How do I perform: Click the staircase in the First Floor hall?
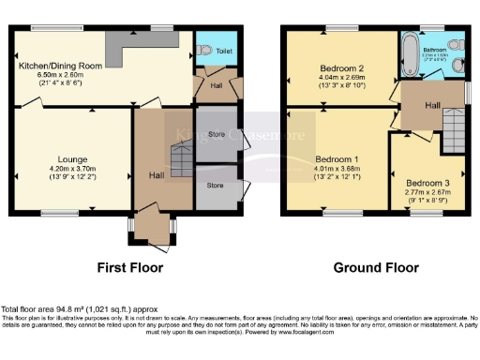179,149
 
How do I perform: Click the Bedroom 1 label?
335,158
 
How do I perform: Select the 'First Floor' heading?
130,267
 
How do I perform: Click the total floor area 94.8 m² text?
79,309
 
